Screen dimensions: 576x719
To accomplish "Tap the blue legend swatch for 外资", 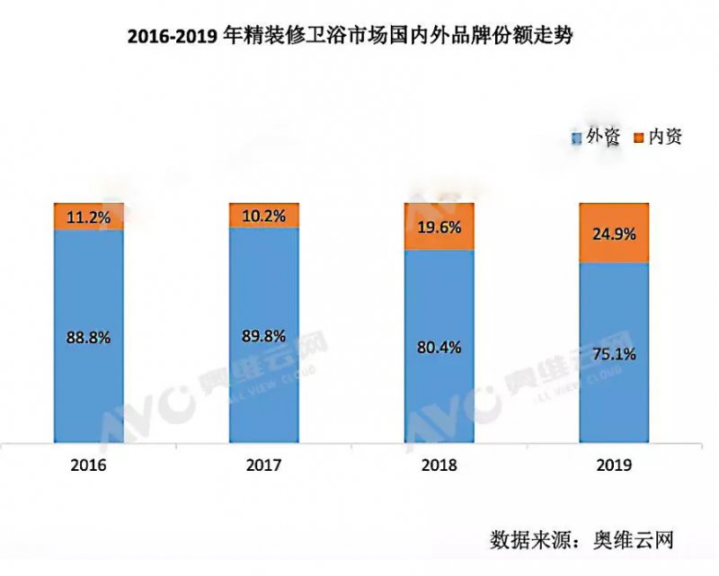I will pos(575,138).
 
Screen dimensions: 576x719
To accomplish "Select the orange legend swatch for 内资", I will pos(638,138).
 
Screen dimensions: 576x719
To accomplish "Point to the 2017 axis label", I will pos(263,466).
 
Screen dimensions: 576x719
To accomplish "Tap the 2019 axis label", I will pos(614,466).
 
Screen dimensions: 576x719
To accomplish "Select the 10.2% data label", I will pos(263,215).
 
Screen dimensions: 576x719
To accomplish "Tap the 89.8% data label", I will pos(263,337).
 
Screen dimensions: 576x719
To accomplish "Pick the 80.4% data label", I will pos(439,347).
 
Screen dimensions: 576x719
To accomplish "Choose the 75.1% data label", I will pos(614,353).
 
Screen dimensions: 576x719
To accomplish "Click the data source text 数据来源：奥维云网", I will pos(581,540).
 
